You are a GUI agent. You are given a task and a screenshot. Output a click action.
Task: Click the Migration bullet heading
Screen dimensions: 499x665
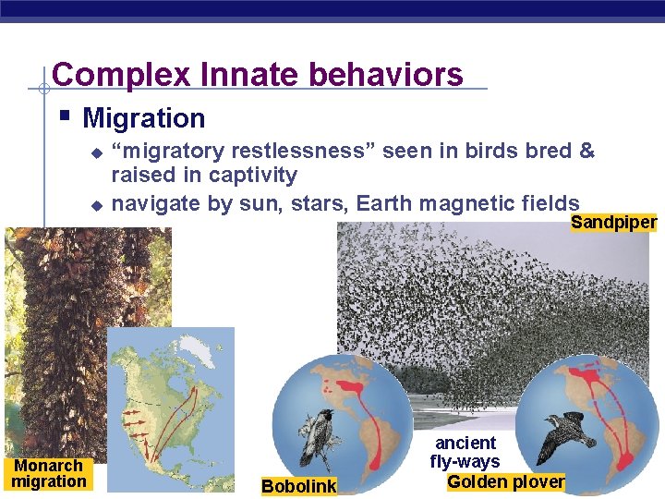(x=143, y=118)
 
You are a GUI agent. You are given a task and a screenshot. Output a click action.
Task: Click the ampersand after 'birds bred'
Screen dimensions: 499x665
(x=586, y=151)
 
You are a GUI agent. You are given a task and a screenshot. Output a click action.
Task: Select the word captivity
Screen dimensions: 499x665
(x=252, y=176)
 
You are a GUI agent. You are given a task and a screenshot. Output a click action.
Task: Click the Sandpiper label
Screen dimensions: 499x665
(x=613, y=222)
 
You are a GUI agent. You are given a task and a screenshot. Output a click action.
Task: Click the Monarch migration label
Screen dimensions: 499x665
(x=49, y=473)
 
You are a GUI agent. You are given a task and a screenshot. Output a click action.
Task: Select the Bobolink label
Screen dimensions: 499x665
(x=299, y=486)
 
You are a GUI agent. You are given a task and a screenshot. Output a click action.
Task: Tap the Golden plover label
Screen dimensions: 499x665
(x=505, y=481)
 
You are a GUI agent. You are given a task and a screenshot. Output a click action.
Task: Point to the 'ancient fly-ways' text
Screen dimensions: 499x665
(x=466, y=452)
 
